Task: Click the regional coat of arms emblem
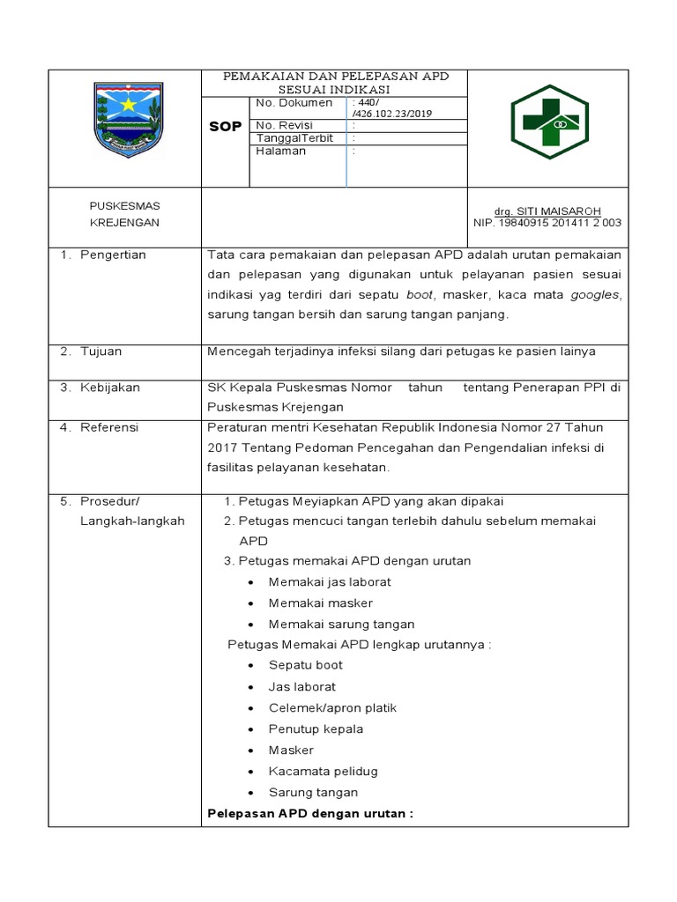point(129,120)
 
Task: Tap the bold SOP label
point(226,127)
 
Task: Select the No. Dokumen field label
point(294,103)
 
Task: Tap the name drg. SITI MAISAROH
point(547,211)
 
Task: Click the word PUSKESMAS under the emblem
point(125,206)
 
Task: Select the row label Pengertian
point(113,255)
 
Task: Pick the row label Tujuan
point(100,351)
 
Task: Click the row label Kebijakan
point(109,388)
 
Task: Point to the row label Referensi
point(109,427)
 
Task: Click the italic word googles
point(595,295)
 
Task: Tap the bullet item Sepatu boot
point(305,665)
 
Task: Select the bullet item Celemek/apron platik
point(332,707)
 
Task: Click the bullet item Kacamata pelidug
point(323,772)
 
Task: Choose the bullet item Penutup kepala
point(316,729)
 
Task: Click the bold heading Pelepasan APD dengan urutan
point(309,814)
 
